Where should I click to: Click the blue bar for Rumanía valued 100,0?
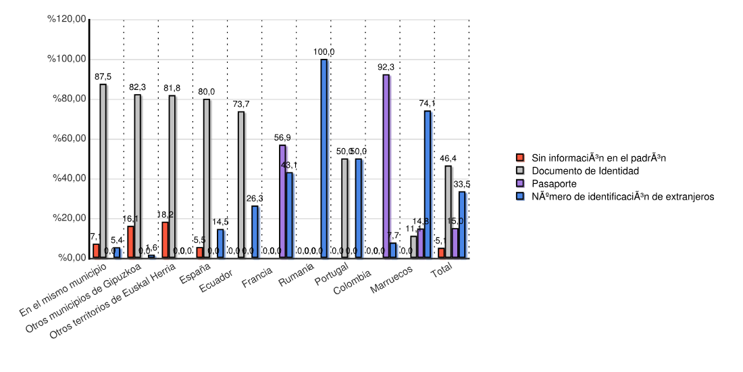tap(324, 158)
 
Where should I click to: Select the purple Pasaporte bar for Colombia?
tap(386, 166)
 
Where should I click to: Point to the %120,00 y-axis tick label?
tap(66, 19)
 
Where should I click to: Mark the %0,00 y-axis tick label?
tap(70, 258)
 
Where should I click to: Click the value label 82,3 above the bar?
tap(138, 87)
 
